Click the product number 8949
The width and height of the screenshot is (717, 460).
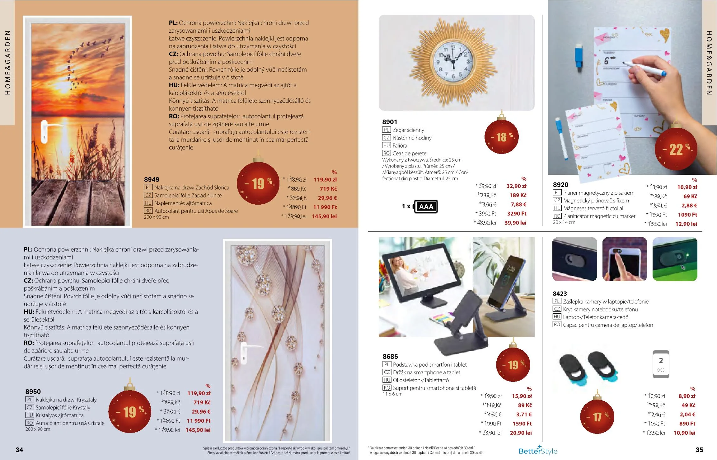click(x=152, y=179)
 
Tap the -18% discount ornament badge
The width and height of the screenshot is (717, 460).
click(x=502, y=136)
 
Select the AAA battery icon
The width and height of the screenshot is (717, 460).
click(x=425, y=206)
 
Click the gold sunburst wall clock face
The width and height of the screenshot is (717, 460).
click(x=453, y=62)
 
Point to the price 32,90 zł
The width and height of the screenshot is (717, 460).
click(x=516, y=186)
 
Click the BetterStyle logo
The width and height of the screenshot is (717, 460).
click(x=538, y=450)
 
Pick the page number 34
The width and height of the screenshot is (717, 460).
click(x=19, y=450)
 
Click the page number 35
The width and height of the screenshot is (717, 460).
click(x=699, y=450)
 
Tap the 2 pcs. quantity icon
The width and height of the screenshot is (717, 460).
click(x=661, y=364)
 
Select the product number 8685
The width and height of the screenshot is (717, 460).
click(x=390, y=357)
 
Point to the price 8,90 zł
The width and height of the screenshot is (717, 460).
click(x=687, y=396)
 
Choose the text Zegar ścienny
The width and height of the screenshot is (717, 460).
click(x=408, y=130)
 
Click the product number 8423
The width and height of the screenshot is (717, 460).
click(x=560, y=294)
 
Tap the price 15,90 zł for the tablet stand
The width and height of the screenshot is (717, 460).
click(x=522, y=396)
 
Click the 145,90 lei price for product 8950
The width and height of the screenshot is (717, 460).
click(x=198, y=430)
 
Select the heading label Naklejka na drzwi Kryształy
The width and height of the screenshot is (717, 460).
click(x=66, y=400)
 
